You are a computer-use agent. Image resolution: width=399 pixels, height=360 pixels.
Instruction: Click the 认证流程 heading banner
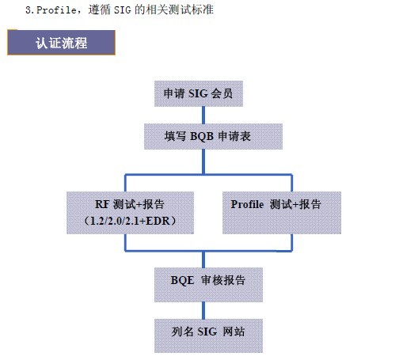click(x=61, y=43)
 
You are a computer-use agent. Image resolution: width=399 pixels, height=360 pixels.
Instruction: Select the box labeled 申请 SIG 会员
click(x=199, y=93)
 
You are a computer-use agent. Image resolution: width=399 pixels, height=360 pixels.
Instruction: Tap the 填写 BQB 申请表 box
click(x=213, y=136)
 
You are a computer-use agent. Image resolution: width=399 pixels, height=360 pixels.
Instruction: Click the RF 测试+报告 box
click(x=130, y=213)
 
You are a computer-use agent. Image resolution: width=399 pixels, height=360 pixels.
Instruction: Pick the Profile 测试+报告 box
click(x=282, y=213)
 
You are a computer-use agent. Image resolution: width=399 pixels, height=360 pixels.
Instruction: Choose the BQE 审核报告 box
click(x=208, y=285)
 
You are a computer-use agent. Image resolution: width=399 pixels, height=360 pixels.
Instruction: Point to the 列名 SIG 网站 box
click(x=208, y=335)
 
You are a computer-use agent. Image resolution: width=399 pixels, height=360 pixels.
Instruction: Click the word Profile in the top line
click(x=56, y=10)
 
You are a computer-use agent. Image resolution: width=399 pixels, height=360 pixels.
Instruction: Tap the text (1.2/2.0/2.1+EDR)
click(x=130, y=221)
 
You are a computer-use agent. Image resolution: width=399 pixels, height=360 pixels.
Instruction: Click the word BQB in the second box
click(x=202, y=137)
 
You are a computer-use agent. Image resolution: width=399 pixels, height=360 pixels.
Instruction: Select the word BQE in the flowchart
click(x=182, y=280)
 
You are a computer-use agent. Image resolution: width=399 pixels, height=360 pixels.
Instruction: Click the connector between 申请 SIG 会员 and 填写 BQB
click(x=203, y=115)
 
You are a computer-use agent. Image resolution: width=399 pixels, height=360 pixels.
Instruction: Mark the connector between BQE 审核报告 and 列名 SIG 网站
click(x=203, y=310)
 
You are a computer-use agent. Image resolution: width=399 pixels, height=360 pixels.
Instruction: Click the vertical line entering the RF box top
click(x=125, y=183)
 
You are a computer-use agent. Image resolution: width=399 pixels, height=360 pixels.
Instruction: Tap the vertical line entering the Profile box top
click(x=291, y=183)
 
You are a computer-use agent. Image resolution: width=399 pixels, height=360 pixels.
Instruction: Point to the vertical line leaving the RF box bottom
click(x=125, y=242)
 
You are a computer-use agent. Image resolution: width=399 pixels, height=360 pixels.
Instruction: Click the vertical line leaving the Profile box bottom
click(x=291, y=242)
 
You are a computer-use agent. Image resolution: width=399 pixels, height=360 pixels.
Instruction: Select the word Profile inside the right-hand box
click(x=247, y=204)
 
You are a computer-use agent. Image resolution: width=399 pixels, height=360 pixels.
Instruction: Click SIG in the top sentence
click(x=122, y=10)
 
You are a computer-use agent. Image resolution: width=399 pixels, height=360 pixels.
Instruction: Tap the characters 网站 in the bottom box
click(x=234, y=332)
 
